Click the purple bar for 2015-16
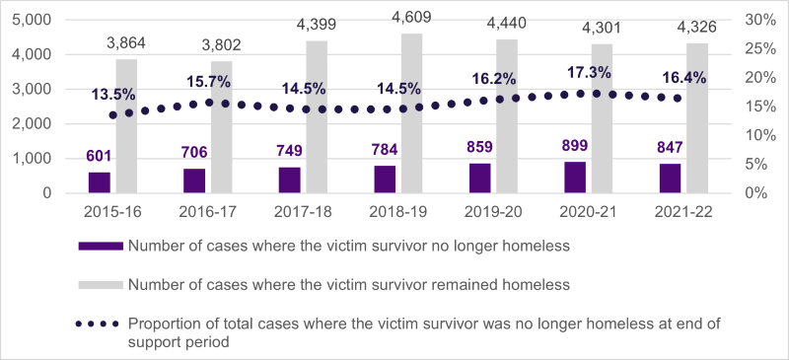click(100, 182)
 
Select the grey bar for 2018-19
click(412, 113)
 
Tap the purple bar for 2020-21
click(575, 178)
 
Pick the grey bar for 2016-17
click(221, 127)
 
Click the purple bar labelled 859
click(479, 179)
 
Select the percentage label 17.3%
click(578, 72)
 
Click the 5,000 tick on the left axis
click(32, 20)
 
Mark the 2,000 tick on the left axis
click(32, 123)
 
